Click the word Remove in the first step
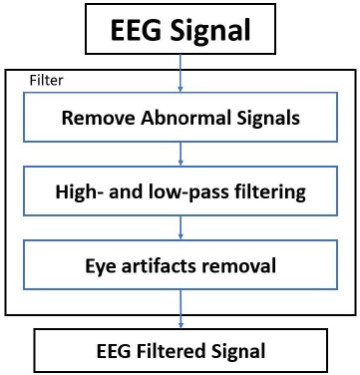coord(94,118)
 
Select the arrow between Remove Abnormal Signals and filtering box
coord(180,154)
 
